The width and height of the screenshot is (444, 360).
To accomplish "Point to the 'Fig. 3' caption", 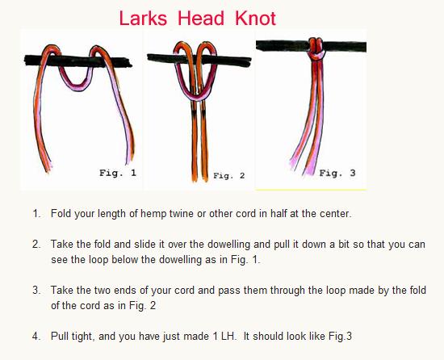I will coord(337,173).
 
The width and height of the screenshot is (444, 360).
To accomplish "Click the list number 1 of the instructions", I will coord(36,214).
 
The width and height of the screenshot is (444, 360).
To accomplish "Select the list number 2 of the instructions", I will coord(36,243).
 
